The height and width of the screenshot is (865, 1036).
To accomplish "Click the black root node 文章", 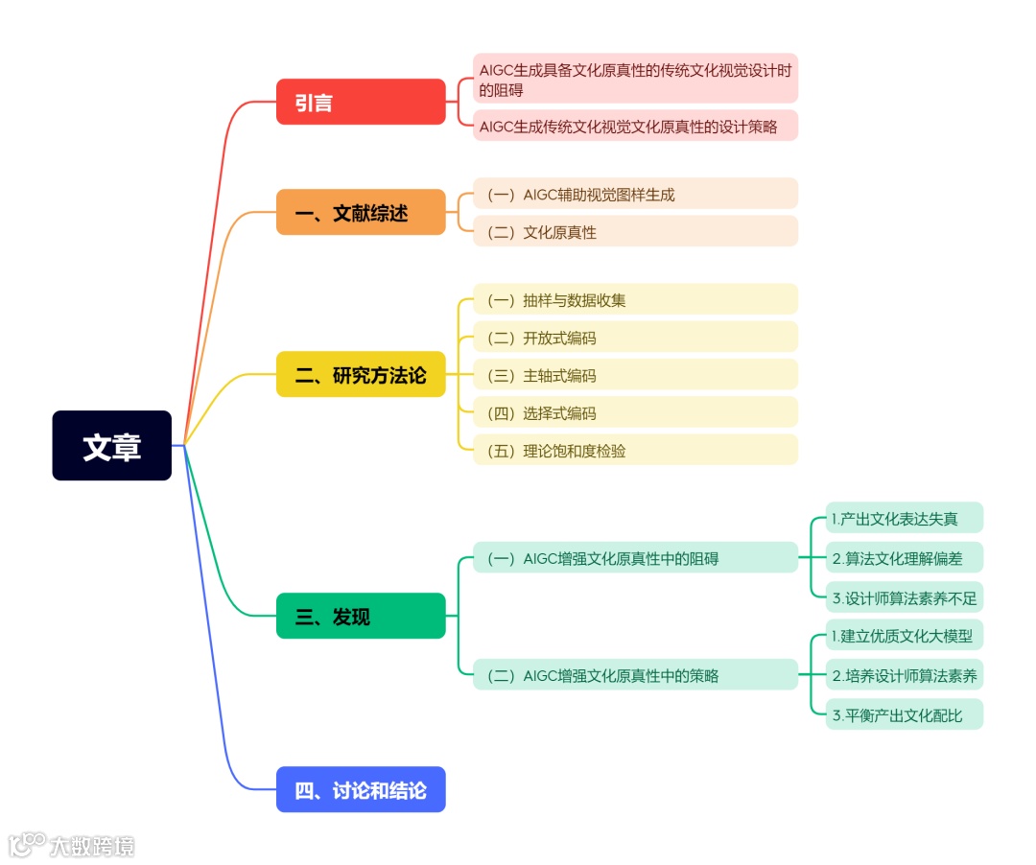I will pyautogui.click(x=111, y=446).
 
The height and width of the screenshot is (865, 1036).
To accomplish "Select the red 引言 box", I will pyautogui.click(x=361, y=102).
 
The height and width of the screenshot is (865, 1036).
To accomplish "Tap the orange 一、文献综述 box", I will pyautogui.click(x=361, y=212).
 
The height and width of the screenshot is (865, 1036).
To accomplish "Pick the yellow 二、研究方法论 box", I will pyautogui.click(x=361, y=374).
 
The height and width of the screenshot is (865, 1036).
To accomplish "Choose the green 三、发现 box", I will pyautogui.click(x=361, y=616).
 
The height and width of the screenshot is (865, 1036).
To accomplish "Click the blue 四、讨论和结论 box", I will pyautogui.click(x=361, y=789).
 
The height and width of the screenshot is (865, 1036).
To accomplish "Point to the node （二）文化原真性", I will pyautogui.click(x=635, y=231).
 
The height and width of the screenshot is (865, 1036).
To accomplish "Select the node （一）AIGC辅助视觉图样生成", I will pyautogui.click(x=635, y=194).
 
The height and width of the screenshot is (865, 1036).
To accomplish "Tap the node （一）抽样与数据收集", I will pyautogui.click(x=635, y=299).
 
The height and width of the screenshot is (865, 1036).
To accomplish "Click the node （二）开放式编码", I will pyautogui.click(x=635, y=337).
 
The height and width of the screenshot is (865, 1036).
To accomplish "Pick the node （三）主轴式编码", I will pyautogui.click(x=635, y=375).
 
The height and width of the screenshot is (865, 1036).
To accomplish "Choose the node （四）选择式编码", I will pyautogui.click(x=635, y=412).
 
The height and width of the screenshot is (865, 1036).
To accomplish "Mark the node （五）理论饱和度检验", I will pyautogui.click(x=635, y=450).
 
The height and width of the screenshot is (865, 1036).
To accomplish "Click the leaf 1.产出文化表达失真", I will pyautogui.click(x=904, y=518).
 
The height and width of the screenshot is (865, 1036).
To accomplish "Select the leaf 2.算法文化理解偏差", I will pyautogui.click(x=904, y=557).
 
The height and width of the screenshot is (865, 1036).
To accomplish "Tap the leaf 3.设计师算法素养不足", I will pyautogui.click(x=904, y=597).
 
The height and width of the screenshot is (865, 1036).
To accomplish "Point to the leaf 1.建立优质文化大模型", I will pyautogui.click(x=904, y=635).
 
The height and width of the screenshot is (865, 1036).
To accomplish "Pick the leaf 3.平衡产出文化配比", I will pyautogui.click(x=904, y=714).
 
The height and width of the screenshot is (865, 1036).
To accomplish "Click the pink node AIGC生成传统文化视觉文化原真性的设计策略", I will pyautogui.click(x=635, y=126).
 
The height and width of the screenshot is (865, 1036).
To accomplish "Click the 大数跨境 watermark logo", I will pyautogui.click(x=72, y=845).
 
